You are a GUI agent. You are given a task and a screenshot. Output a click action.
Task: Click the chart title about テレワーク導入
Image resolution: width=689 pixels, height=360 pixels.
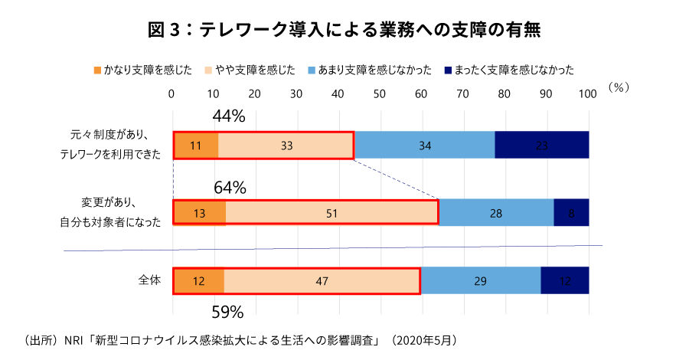tap(344, 30)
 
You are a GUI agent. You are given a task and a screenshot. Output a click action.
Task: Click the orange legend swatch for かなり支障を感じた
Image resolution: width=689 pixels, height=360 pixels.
tap(96, 70)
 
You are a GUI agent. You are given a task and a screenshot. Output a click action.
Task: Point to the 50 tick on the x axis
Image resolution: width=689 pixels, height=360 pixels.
tap(380, 93)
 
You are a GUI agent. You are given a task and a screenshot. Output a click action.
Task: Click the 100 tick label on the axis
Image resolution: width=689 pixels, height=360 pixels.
tap(587, 93)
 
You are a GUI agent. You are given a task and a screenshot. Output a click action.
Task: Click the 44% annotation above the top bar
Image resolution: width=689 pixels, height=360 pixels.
tap(228, 116)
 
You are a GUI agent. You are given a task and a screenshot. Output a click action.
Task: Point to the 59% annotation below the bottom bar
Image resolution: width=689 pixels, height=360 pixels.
tap(227, 312)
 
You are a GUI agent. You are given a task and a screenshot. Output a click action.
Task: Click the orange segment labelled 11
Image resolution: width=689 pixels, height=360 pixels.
tap(196, 145)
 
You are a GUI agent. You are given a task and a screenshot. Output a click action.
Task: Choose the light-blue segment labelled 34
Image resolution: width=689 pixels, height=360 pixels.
tap(424, 145)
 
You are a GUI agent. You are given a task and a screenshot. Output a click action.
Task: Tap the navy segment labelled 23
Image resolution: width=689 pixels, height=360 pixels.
tap(542, 145)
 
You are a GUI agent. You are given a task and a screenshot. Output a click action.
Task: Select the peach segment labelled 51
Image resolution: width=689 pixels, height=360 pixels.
tap(331, 212)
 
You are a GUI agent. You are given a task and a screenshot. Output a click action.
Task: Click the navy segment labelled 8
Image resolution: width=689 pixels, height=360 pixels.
tap(571, 212)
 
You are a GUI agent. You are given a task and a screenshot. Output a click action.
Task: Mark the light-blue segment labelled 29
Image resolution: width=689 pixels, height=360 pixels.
tap(481, 281)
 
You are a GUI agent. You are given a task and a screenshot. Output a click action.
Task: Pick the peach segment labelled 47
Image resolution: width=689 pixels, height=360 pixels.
tap(322, 281)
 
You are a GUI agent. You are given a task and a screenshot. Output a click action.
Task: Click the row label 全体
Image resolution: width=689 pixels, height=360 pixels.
tap(149, 280)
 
